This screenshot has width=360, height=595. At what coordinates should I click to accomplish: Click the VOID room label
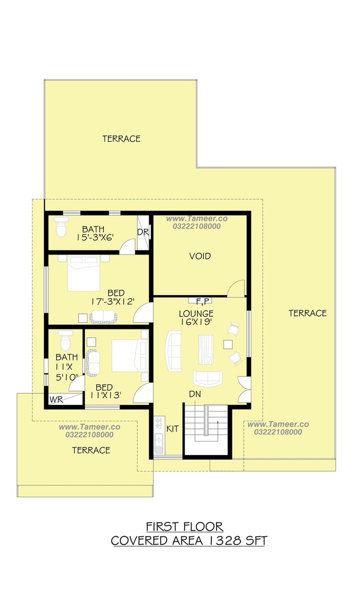pos(200,256)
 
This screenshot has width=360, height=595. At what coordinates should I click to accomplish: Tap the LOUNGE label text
pos(196,314)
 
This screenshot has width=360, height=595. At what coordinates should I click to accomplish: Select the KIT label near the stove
pos(172,429)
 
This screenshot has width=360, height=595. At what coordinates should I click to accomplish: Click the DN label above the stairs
pos(195,395)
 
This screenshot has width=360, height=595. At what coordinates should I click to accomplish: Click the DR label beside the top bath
pos(143,232)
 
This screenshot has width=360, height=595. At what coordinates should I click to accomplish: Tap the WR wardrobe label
pos(56,400)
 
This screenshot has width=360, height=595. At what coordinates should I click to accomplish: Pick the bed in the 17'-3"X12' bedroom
pos(84,273)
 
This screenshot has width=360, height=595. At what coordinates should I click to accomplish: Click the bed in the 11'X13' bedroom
pos(129,356)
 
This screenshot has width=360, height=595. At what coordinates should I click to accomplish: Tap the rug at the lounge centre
pos(206,349)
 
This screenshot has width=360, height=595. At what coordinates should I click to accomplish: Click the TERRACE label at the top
pos(121,139)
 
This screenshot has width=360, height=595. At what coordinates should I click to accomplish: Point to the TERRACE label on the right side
pos(308,313)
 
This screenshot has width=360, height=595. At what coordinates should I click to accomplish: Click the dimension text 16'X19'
pos(196,322)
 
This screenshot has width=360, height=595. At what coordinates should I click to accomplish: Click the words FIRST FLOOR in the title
pos(185,526)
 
